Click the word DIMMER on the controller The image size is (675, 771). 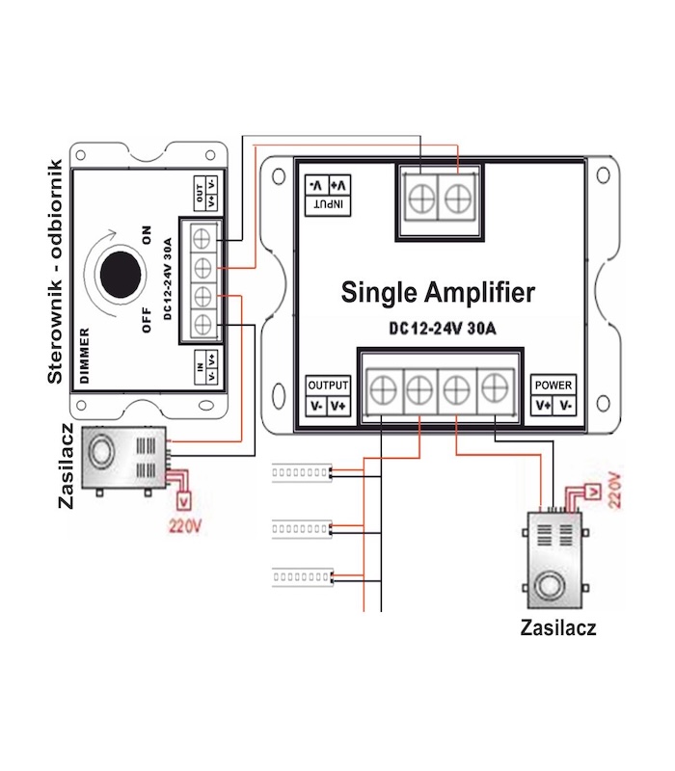pos(85,356)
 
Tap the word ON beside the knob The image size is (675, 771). pos(148,234)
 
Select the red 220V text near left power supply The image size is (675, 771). pos(183,526)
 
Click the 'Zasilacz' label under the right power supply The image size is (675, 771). pos(557,628)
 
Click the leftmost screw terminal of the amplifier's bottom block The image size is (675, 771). pos(383,390)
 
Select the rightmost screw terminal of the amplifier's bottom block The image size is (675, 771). pos(495,390)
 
